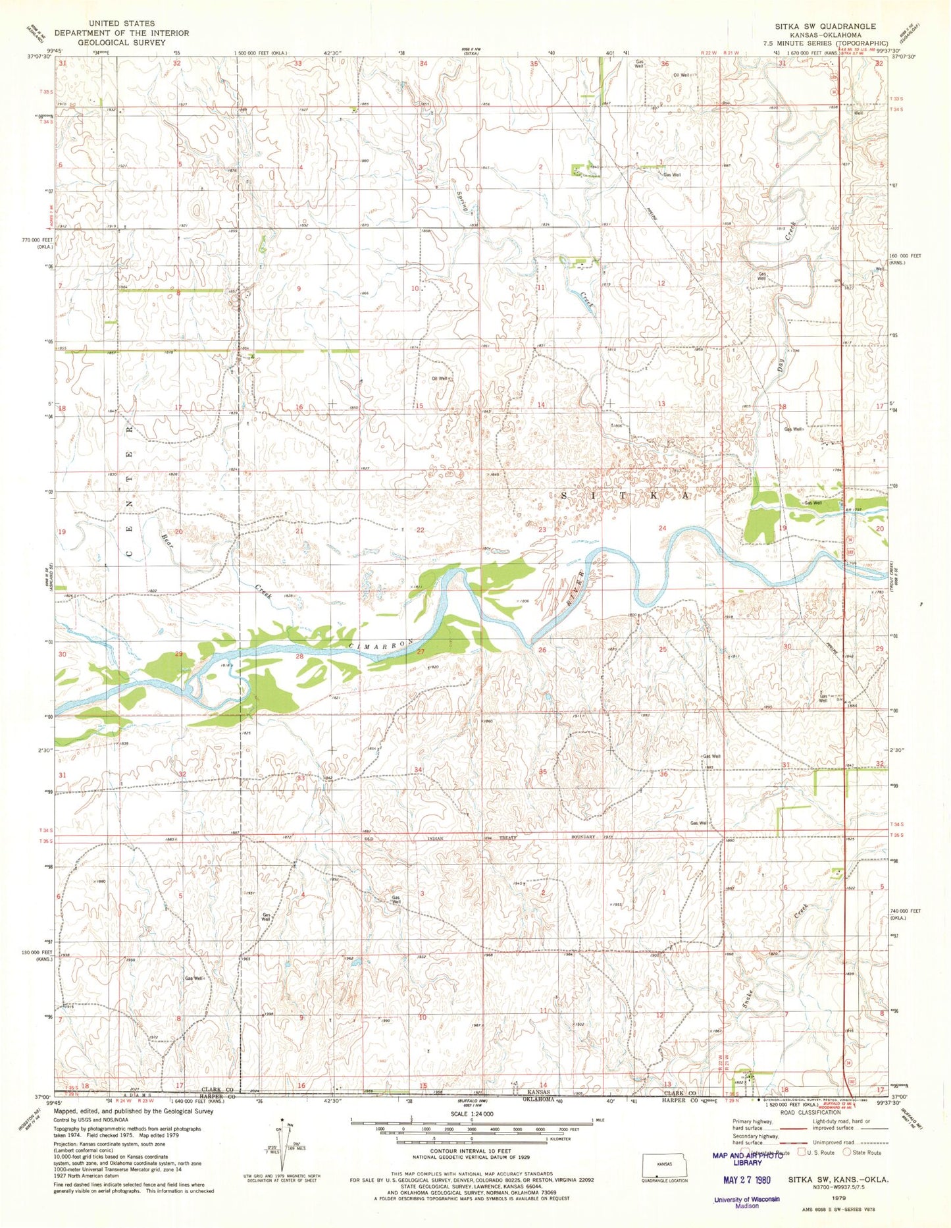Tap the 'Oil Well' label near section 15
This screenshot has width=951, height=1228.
point(440,379)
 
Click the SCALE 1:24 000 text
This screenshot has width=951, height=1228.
point(471,1113)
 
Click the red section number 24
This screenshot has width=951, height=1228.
point(662,528)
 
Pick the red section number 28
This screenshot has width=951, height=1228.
point(299,656)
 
